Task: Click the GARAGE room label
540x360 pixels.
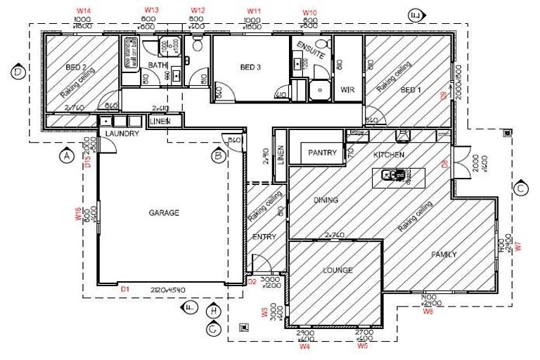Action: pos(164,212)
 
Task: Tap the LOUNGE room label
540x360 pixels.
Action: pos(337,270)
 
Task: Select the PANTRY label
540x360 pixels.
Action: pos(323,153)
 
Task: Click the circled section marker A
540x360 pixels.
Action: pos(67,155)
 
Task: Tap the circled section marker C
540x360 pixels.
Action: pos(521,188)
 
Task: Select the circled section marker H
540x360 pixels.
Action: pos(214,309)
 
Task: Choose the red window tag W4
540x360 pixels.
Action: pos(304,346)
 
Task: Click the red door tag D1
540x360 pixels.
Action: pos(125,289)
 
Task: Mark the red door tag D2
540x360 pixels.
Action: pos(252,282)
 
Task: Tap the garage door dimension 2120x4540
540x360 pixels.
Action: pos(167,290)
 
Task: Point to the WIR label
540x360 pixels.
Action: pos(346,90)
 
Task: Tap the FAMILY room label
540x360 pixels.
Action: pos(444,255)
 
